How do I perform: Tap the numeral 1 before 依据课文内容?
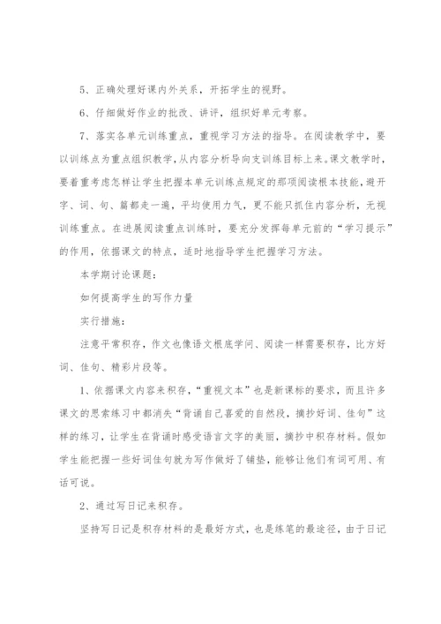(81, 387)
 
